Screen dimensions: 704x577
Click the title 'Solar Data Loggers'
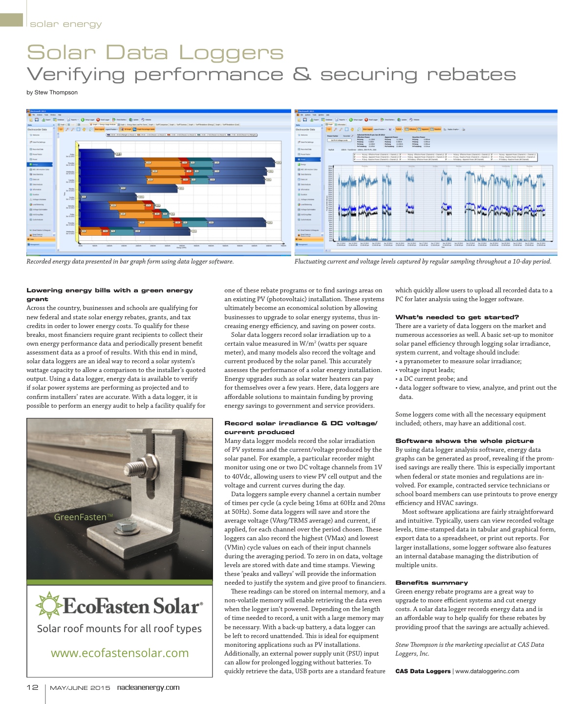pos(155,53)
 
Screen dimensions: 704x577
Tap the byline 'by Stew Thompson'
pos(52,92)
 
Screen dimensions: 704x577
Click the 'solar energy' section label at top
pos(65,24)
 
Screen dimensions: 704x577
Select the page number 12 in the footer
pos(32,687)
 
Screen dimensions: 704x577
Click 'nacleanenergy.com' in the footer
pos(148,687)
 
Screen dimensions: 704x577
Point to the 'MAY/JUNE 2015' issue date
pos(80,688)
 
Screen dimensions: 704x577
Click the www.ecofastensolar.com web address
pos(120,653)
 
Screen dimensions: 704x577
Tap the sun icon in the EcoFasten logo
pos(48,605)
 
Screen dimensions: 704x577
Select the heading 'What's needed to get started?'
pos(457,317)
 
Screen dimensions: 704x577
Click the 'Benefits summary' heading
pos(431,583)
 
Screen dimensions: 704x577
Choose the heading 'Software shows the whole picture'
pos(464,441)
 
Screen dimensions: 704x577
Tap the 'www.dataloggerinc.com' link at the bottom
pos(487,671)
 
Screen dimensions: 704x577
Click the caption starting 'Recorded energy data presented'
pos(130,262)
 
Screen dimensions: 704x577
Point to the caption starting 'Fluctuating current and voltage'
pos(423,262)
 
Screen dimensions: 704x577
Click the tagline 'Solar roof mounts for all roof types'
pos(119,629)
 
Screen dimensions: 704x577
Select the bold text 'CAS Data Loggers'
pos(423,671)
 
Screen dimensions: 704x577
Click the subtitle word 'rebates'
pos(471,75)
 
